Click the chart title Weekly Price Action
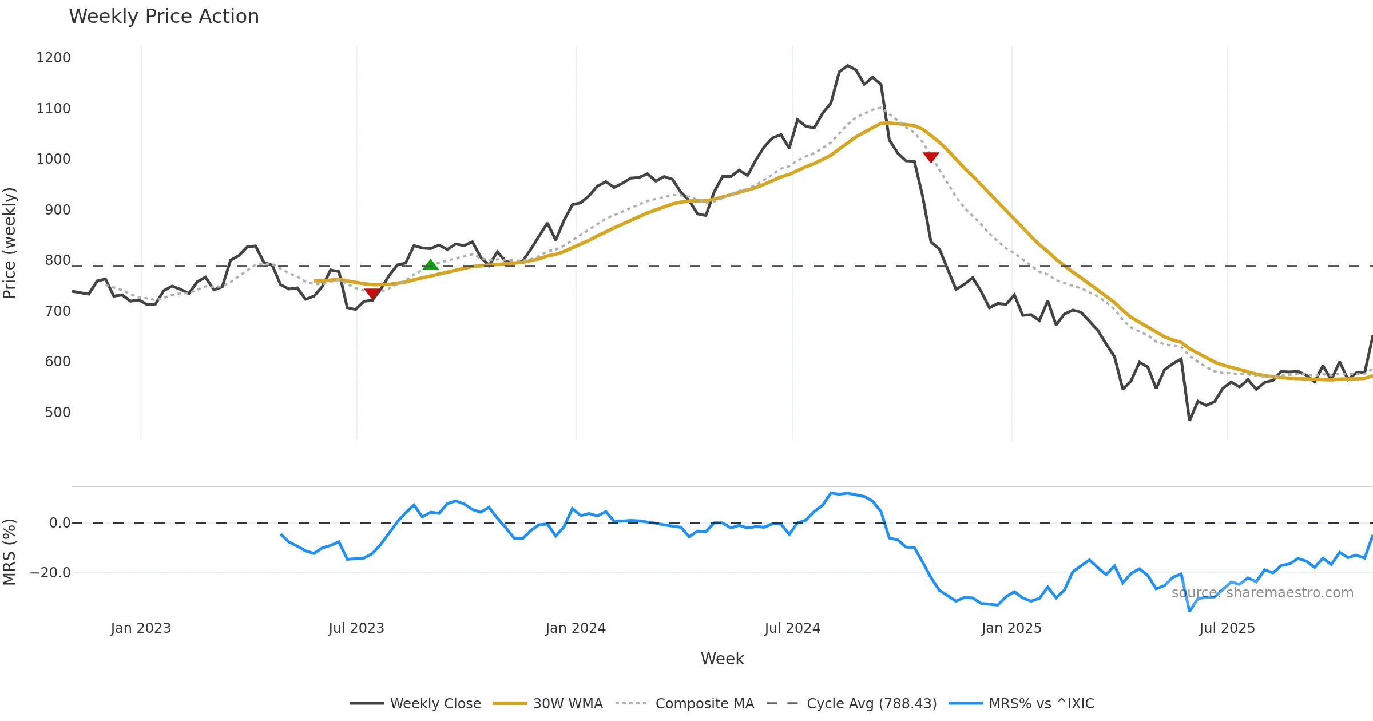point(164,17)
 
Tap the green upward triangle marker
point(430,264)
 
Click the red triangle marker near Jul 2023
point(372,294)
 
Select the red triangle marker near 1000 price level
point(931,157)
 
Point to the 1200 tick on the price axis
point(53,58)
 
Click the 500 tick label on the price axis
point(58,413)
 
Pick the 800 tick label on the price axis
point(58,260)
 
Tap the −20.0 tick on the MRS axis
point(50,573)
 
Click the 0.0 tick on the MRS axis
point(59,523)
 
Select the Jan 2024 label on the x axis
point(576,628)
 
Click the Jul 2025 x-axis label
point(1227,628)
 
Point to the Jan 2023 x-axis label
point(141,628)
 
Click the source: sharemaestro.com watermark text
point(1263,593)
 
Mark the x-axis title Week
point(722,659)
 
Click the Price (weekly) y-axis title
point(10,243)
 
